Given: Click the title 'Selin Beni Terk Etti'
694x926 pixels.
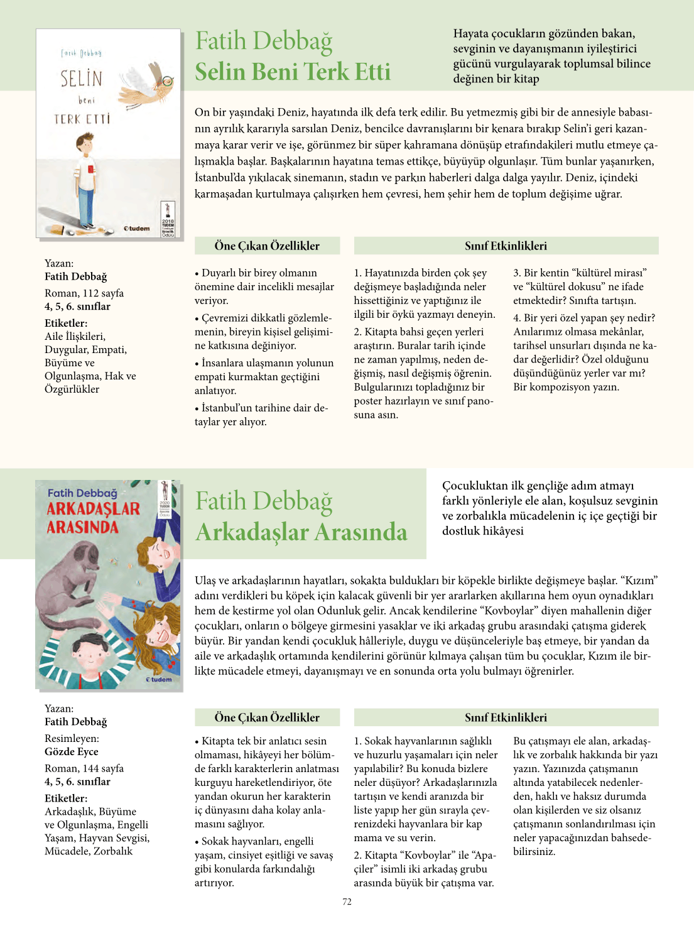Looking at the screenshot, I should coord(293,72).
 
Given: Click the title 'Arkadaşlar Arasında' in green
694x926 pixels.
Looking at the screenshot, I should coord(301,532).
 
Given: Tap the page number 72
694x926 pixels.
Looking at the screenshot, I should coord(347,901).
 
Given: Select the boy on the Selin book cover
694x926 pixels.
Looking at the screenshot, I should coord(86,182).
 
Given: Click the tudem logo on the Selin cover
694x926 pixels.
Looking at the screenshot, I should coord(136,229).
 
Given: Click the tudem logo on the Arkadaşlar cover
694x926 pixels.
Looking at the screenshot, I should coord(159,679).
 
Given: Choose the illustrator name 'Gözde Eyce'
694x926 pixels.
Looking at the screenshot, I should coord(72,751).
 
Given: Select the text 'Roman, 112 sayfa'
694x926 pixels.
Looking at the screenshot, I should coord(84,293).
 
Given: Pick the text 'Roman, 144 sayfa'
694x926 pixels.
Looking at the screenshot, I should coord(84,768).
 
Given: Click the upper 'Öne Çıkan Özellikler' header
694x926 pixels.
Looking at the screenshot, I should coord(267,246).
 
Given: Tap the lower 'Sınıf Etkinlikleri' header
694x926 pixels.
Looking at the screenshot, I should coord(506,717).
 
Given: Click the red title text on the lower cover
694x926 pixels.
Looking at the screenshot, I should coord(92,518).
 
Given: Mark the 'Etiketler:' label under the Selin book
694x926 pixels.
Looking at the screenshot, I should coord(66,323).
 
